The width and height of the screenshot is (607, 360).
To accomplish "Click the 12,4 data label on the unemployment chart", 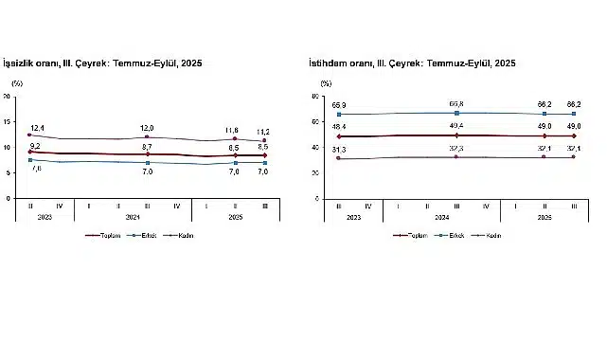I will coord(38,127).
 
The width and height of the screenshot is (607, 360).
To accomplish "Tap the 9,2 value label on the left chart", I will coord(35,146).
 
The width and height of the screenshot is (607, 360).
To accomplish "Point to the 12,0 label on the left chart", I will coord(147,128).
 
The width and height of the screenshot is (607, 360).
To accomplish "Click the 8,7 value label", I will coord(147,147).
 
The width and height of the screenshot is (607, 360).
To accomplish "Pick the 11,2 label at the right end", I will coord(263,132).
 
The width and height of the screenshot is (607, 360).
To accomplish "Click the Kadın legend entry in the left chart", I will coord(183,235).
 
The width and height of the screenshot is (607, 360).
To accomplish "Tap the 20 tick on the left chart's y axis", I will coord(8,97).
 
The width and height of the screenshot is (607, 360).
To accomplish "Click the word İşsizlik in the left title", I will coord(23,63).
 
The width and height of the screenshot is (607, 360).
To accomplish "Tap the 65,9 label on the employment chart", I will coord(338,104).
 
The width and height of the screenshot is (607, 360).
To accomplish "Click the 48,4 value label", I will coord(338,125).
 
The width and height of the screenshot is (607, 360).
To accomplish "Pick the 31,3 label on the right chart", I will coord(338,150).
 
